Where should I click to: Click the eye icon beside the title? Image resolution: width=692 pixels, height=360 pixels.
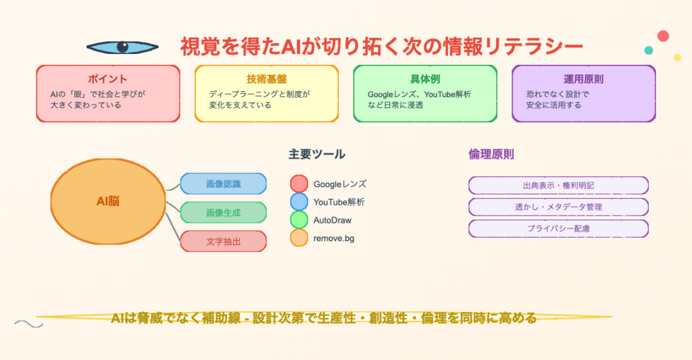[122, 47]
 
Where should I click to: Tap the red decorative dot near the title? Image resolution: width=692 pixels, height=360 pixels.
[663, 36]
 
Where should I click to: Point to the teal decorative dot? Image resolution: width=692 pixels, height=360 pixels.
[648, 50]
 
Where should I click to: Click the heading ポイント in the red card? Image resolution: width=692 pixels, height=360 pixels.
[107, 79]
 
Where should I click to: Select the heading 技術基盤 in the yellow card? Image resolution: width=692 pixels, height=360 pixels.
[266, 79]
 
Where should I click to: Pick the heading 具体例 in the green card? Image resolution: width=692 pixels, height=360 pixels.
[425, 79]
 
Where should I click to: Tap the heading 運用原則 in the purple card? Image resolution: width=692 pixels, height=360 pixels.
[583, 79]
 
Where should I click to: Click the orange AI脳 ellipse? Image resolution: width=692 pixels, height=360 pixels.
[108, 201]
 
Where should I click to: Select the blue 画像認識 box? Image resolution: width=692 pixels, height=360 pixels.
[223, 184]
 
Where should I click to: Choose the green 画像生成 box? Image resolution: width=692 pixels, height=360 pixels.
[223, 213]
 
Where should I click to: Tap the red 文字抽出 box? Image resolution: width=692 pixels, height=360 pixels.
[223, 241]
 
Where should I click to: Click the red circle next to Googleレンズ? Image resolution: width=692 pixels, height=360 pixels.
[299, 184]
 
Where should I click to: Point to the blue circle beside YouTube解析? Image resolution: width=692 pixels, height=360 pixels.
[299, 202]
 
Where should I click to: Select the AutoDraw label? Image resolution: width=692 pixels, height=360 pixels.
[332, 220]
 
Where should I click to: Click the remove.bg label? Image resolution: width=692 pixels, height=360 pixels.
[334, 238]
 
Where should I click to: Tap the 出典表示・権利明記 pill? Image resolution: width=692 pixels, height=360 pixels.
[558, 185]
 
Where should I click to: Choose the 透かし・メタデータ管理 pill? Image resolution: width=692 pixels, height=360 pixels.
[558, 207]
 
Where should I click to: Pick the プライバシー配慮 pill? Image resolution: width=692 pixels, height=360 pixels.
[558, 228]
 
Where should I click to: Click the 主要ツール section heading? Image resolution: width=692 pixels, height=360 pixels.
[317, 155]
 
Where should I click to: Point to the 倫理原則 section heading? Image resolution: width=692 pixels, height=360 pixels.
[491, 155]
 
